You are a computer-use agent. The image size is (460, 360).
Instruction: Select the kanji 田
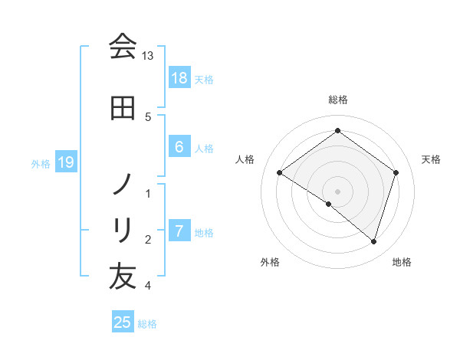coord(123,109)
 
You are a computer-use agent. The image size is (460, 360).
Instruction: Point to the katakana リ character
coord(123,230)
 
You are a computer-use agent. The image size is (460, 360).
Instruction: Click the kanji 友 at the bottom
coord(123,277)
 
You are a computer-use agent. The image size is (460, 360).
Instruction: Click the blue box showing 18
coord(179,77)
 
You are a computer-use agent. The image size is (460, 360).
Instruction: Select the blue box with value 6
coord(179,146)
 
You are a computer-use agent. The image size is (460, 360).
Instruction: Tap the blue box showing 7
coord(179,231)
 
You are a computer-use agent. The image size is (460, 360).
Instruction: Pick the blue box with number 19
coord(66,162)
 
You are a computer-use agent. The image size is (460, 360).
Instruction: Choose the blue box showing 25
coord(123,322)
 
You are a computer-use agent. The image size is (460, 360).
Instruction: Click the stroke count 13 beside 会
coord(147,56)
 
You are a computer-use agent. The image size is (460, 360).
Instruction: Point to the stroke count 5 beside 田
coord(148,116)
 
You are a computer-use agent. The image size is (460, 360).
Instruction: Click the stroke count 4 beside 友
coord(148,286)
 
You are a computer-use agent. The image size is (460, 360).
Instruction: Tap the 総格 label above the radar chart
coord(338,100)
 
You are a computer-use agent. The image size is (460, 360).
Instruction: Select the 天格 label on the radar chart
coord(431,159)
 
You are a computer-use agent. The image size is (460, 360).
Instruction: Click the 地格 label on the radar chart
coord(402,262)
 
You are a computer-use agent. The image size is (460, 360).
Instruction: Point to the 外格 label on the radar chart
coord(270,262)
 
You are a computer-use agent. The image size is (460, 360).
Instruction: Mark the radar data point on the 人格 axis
coord(280,173)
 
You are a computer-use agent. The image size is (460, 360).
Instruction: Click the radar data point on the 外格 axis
coord(329,204)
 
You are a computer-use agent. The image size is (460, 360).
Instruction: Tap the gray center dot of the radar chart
coord(338,191)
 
